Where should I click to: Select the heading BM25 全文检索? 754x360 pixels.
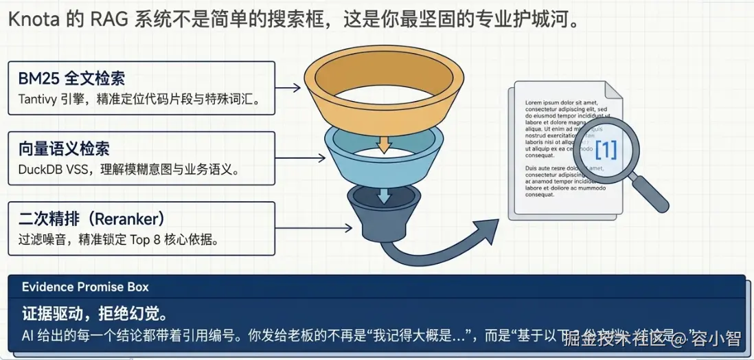coord(71,78)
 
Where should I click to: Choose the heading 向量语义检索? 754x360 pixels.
coord(64,148)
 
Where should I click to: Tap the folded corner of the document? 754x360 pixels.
coord(614,91)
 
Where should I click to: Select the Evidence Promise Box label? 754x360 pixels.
coord(85,286)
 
